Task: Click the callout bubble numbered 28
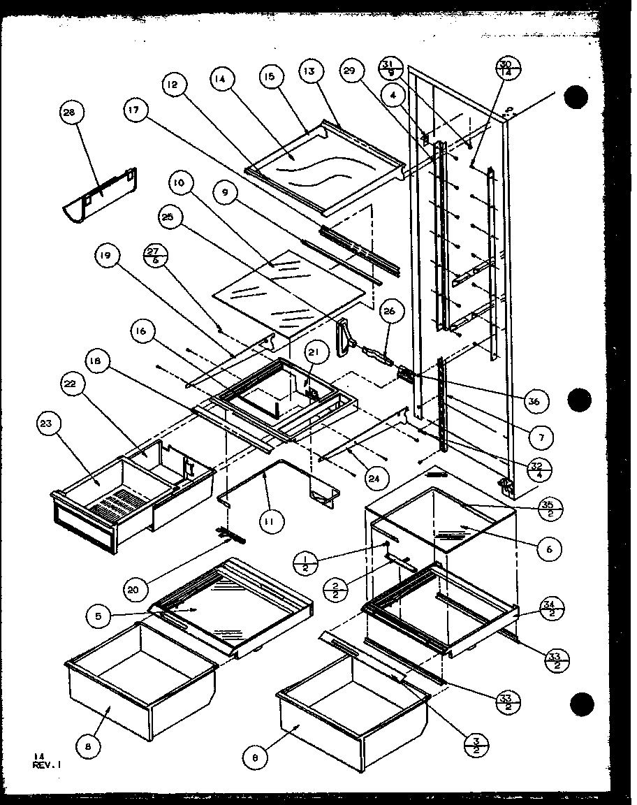(x=73, y=113)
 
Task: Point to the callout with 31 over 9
(x=389, y=69)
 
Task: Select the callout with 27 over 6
(x=155, y=252)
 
